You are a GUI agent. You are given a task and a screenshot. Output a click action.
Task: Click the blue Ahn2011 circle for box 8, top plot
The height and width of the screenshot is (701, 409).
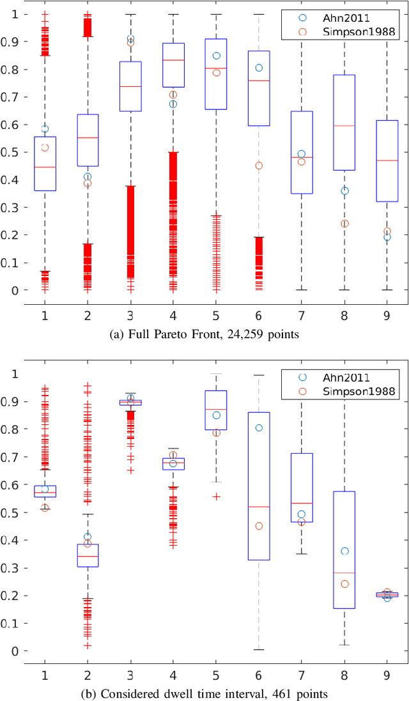click(344, 190)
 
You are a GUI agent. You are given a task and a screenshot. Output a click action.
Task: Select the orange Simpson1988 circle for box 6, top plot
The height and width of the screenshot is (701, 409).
click(259, 166)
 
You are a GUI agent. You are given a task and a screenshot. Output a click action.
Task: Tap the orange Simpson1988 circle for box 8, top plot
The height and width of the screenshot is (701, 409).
click(344, 224)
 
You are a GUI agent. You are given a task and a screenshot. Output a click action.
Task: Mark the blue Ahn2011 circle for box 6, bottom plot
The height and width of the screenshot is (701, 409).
click(259, 428)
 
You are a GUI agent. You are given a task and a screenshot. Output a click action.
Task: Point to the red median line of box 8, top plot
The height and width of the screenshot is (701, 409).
click(344, 126)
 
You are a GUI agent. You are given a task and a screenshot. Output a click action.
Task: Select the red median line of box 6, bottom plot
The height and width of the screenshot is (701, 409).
click(259, 507)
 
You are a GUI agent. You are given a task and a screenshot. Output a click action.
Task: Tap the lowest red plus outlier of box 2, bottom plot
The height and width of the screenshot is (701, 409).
click(88, 645)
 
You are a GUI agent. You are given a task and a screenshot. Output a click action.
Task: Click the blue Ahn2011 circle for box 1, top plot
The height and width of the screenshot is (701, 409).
click(45, 129)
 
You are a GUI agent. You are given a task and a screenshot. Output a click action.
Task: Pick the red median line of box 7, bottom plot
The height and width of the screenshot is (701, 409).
click(302, 504)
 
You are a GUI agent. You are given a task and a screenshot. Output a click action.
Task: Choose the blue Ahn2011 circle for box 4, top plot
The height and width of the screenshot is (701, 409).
click(173, 104)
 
